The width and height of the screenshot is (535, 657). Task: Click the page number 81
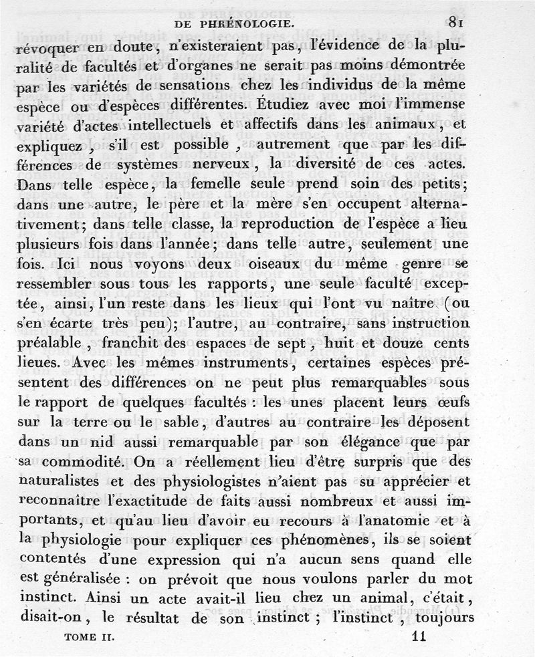[457, 22]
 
